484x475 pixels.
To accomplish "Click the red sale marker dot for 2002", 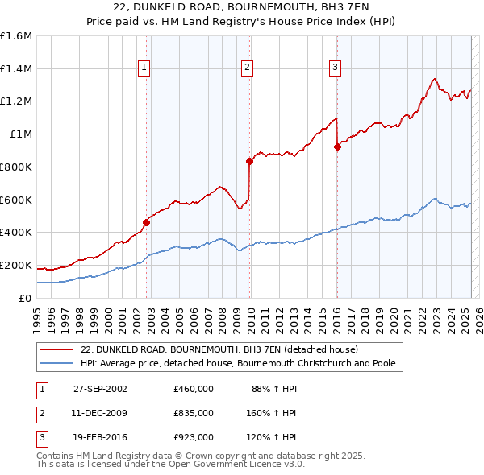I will (147, 222).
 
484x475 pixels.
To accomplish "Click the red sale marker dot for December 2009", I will (250, 161).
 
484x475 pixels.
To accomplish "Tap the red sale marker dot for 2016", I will (337, 147).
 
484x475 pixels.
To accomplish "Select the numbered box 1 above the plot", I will (144, 68).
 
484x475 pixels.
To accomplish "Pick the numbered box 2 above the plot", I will (247, 68).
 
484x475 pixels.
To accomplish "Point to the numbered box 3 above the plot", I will (334, 68).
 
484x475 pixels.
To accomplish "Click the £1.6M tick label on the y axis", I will (16, 36).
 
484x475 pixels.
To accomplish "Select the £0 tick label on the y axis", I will (26, 298).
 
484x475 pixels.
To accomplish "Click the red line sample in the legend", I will (58, 350).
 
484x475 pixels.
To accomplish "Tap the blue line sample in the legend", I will (58, 363).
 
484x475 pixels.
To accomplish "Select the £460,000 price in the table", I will (193, 389).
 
